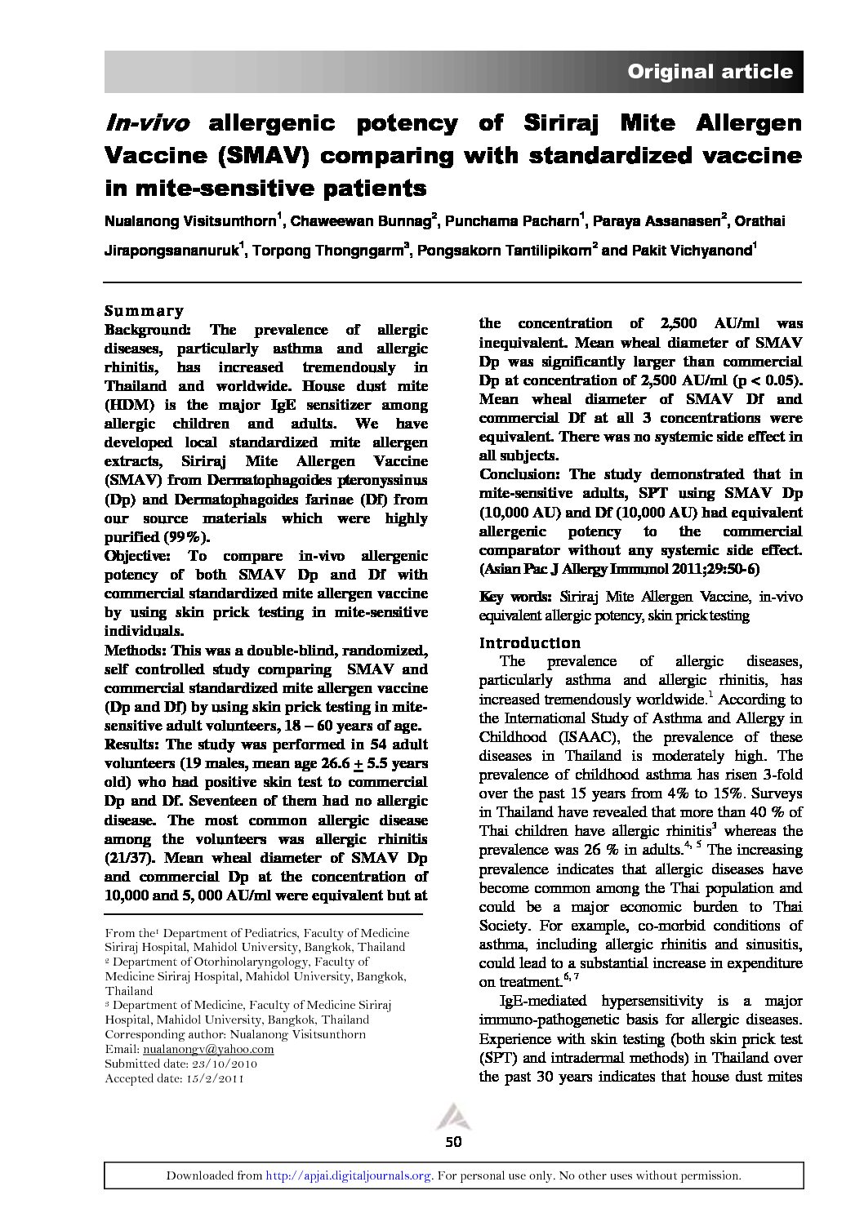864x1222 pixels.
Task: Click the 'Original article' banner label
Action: coord(709,72)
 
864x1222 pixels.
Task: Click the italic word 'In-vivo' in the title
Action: coord(148,124)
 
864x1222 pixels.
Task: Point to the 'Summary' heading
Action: coord(144,311)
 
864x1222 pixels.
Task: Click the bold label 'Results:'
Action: coord(133,744)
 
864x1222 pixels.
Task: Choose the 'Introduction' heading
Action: coord(529,642)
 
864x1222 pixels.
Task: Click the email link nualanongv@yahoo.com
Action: coord(208,1049)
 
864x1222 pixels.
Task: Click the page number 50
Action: coord(454,1141)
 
